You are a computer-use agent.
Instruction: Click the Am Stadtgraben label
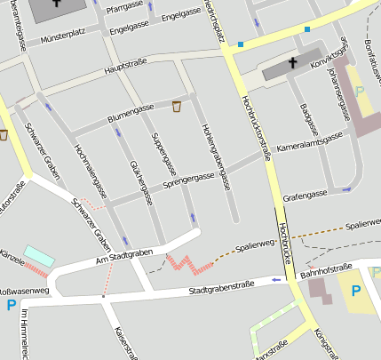click(x=125, y=256)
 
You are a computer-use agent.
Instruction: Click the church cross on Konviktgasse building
click(x=292, y=63)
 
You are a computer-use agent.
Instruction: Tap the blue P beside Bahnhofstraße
click(x=356, y=291)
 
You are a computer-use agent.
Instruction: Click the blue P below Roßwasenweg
click(x=12, y=305)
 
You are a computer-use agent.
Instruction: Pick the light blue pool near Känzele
click(x=38, y=256)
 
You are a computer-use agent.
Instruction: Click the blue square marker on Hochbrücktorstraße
click(x=241, y=44)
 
